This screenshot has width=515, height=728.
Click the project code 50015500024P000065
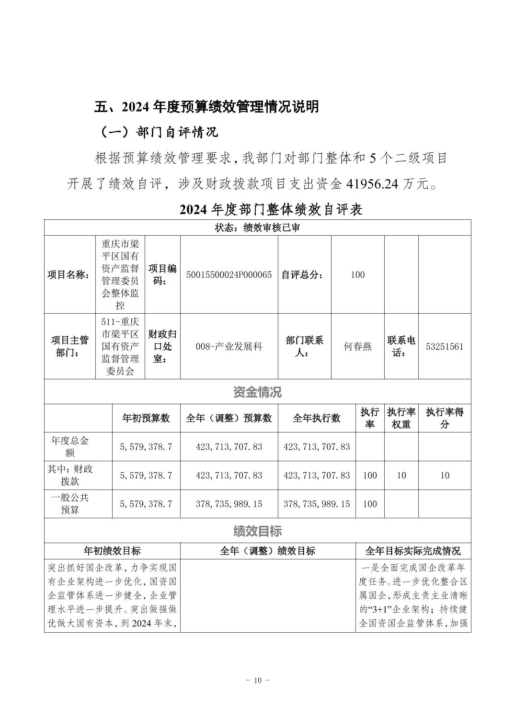click(x=229, y=275)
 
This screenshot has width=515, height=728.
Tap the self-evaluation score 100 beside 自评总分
click(x=357, y=275)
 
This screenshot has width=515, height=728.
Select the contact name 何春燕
click(x=357, y=346)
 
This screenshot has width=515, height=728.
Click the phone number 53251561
click(x=444, y=346)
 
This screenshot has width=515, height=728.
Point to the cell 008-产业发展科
click(x=229, y=346)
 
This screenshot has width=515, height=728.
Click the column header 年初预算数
click(x=146, y=418)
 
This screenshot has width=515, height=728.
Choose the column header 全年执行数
click(x=317, y=418)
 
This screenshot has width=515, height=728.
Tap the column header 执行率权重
click(x=401, y=418)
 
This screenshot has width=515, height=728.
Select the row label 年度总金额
click(x=70, y=446)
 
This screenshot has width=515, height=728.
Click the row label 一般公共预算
click(x=70, y=504)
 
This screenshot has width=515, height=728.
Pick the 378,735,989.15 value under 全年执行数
click(x=317, y=504)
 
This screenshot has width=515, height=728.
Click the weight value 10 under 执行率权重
click(x=401, y=476)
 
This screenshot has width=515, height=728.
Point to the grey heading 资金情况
click(x=257, y=392)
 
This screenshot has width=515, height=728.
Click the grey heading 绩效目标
click(x=257, y=531)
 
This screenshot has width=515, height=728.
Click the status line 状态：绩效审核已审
click(x=257, y=228)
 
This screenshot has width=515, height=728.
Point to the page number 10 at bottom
click(x=258, y=681)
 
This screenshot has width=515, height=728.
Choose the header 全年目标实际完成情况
click(x=413, y=551)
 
